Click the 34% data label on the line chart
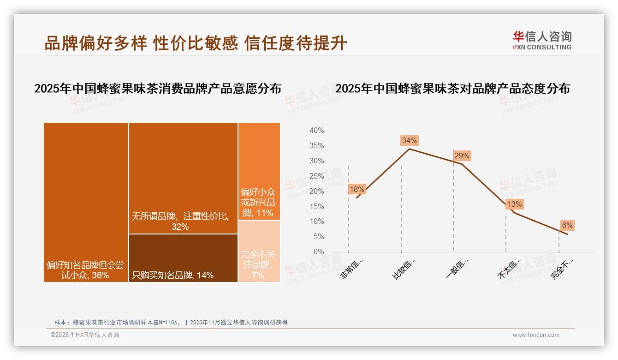(x=409, y=140)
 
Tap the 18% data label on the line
(x=357, y=189)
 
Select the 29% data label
(x=461, y=156)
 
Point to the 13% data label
(x=514, y=204)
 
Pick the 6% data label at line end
(x=567, y=225)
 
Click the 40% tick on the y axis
(x=316, y=131)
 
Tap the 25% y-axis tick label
(x=316, y=176)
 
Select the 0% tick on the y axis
(x=319, y=252)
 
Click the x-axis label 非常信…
(x=352, y=269)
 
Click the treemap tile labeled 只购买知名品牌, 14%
(x=183, y=258)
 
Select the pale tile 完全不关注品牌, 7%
(x=259, y=251)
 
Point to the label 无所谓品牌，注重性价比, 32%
(x=180, y=221)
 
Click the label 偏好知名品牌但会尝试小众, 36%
(x=85, y=270)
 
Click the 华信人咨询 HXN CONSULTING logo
(x=542, y=41)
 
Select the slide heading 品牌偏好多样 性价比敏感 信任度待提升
(x=196, y=43)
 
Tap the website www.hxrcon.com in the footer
(x=536, y=335)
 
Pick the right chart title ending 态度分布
(x=452, y=89)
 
